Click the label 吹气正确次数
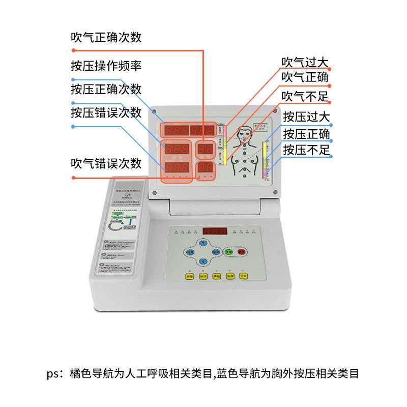click(106, 37)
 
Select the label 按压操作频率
click(106, 66)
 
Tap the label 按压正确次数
click(106, 89)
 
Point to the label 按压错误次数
click(106, 112)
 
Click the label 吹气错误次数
click(106, 163)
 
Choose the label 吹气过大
click(305, 63)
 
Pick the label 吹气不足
click(305, 95)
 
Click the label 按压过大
click(307, 118)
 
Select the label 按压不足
click(307, 150)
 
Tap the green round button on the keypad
click(229, 251)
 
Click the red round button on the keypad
click(242, 251)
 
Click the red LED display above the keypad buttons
click(214, 231)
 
